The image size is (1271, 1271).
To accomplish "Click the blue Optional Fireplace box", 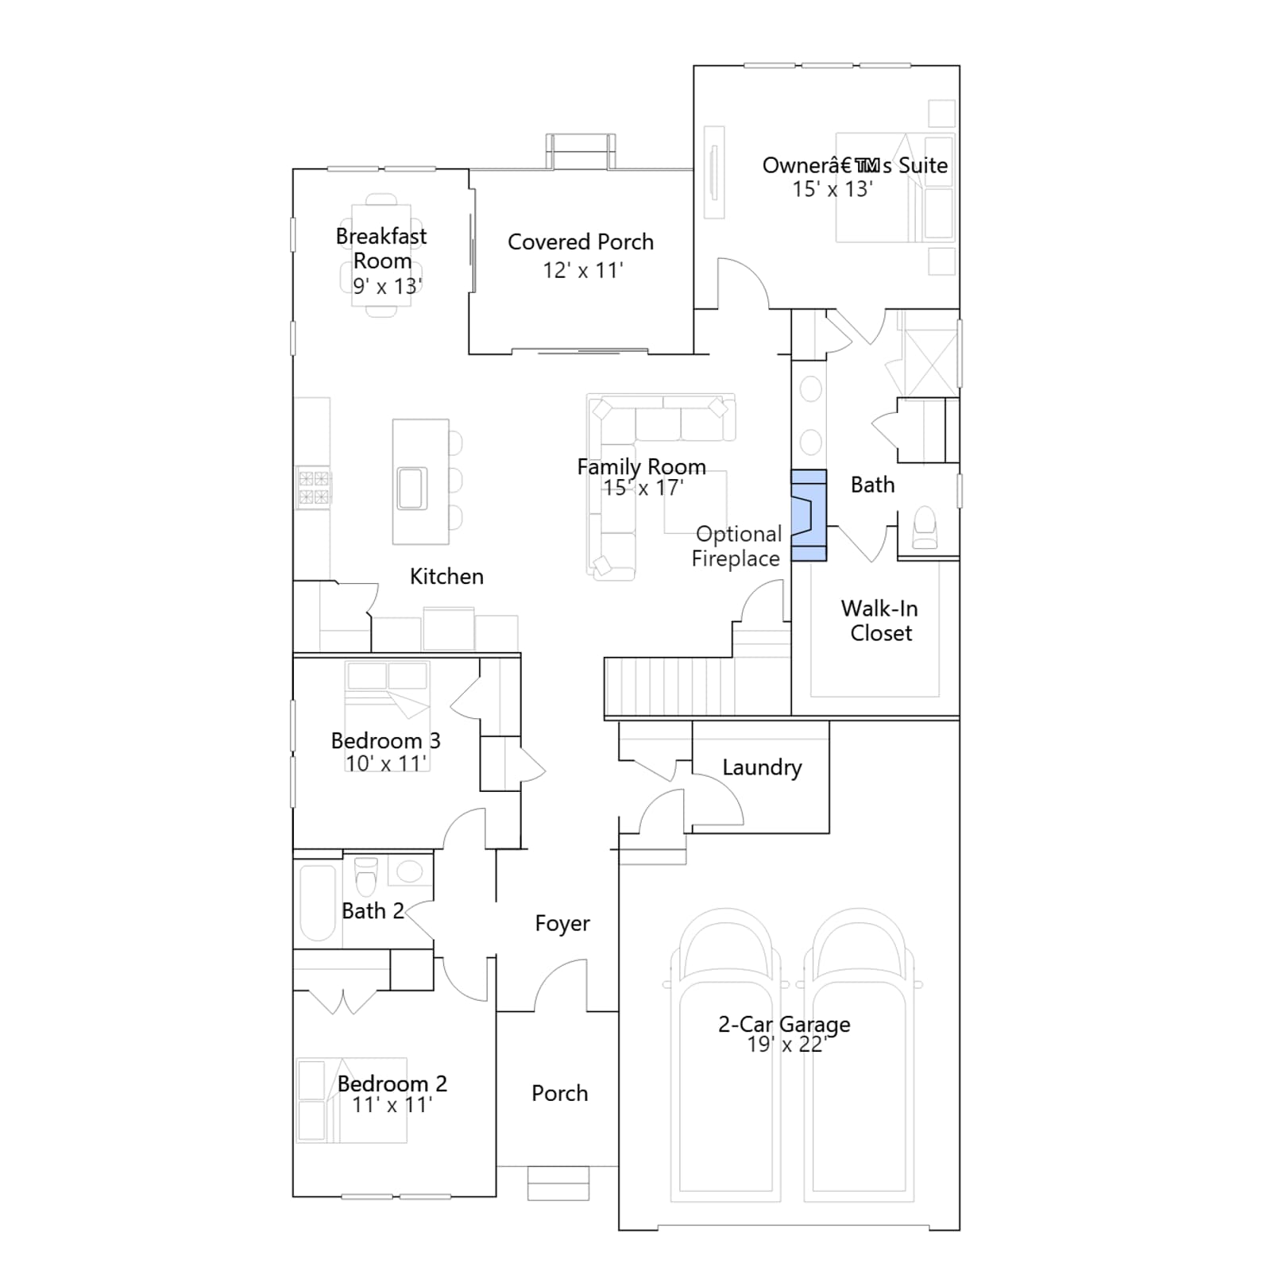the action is tap(809, 516).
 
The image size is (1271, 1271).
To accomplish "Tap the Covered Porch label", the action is tap(581, 242).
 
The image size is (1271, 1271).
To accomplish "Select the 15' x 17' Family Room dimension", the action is tap(643, 488).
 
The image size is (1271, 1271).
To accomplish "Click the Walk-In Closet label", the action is tap(880, 620).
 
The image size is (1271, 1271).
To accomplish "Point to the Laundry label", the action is tap(762, 768).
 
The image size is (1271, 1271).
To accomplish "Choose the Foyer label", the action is tap(562, 924).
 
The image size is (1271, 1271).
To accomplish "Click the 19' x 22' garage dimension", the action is tap(786, 1045).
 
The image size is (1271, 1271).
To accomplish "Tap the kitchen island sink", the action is tap(412, 488).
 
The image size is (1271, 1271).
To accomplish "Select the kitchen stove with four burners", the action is tap(313, 487).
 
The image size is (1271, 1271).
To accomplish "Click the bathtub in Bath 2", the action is tap(318, 903).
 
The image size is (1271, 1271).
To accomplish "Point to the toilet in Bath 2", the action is tap(366, 876).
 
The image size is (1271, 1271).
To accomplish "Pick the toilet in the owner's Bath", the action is tap(925, 528).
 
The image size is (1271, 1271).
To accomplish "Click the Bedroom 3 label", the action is tap(385, 741).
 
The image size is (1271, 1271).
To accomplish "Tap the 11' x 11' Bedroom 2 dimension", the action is tap(392, 1105).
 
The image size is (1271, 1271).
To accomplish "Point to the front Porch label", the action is tap(560, 1094).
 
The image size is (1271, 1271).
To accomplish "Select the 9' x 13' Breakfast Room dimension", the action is tap(388, 286).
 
